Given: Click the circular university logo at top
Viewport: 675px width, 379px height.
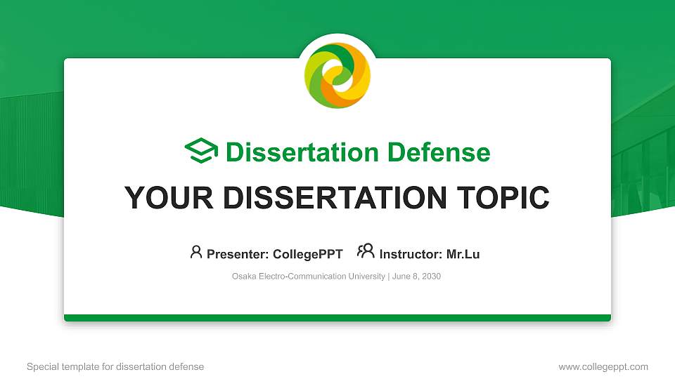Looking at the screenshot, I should [x=337, y=75].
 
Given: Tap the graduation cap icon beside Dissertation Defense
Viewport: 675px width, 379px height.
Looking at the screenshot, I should [x=201, y=152].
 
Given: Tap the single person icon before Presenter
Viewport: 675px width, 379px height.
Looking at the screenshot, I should [x=196, y=252].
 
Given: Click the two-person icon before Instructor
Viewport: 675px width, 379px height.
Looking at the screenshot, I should [x=366, y=252].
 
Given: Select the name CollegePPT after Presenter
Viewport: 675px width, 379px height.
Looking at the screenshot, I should [x=307, y=254].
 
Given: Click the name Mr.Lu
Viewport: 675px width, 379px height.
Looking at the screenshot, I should [x=463, y=254].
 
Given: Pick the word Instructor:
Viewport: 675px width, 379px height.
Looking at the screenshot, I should [x=411, y=254].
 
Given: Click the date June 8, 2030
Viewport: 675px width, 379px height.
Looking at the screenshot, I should [x=416, y=277].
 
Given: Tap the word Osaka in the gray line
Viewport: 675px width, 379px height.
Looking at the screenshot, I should [x=243, y=277].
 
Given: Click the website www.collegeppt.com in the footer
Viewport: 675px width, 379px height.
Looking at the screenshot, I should [x=603, y=366].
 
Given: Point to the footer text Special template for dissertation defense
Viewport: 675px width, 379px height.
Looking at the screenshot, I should [x=115, y=366].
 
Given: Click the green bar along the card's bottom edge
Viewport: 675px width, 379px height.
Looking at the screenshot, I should [x=337, y=318].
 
